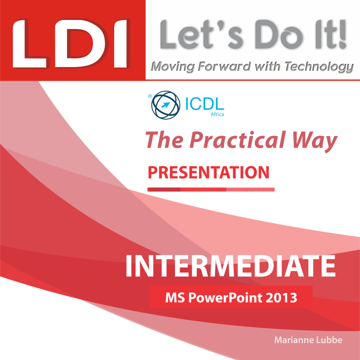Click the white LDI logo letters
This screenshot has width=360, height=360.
pyautogui.click(x=70, y=44)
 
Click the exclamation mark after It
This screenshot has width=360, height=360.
pyautogui.click(x=343, y=34)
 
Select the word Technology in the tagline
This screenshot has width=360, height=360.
pyautogui.click(x=319, y=67)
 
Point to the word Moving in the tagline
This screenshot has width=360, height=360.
pyautogui.click(x=173, y=67)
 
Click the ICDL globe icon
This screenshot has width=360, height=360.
pyautogui.click(x=165, y=105)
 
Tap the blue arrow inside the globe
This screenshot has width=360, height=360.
pyautogui.click(x=165, y=105)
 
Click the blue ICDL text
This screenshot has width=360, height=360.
pyautogui.click(x=204, y=104)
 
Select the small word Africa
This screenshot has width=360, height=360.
pyautogui.click(x=217, y=114)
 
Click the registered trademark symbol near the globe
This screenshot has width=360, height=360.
pyautogui.click(x=150, y=96)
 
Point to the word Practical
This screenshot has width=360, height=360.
pyautogui.click(x=238, y=140)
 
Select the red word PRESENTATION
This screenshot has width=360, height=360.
pyautogui.click(x=209, y=172)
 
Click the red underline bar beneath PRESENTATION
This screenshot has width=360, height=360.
pyautogui.click(x=211, y=190)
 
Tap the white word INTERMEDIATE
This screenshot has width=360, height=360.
pyautogui.click(x=230, y=266)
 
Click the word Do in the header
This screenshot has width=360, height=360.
pyautogui.click(x=278, y=34)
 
